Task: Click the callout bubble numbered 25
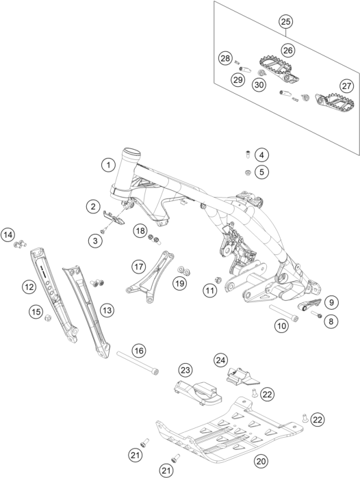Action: tap(286, 22)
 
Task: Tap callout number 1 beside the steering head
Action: tap(108, 165)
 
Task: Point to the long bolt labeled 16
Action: tap(138, 363)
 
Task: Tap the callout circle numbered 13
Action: tap(107, 310)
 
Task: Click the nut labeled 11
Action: tap(218, 280)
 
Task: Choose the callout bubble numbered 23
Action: tap(185, 370)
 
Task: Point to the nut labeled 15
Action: tap(48, 318)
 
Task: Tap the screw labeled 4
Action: tap(248, 155)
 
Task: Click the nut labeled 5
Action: tap(248, 173)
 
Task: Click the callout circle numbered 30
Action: tap(259, 84)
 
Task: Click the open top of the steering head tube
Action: tap(131, 152)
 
